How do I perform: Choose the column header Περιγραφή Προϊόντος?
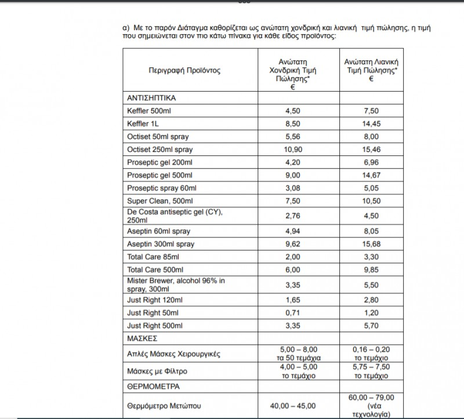(x=184, y=71)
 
